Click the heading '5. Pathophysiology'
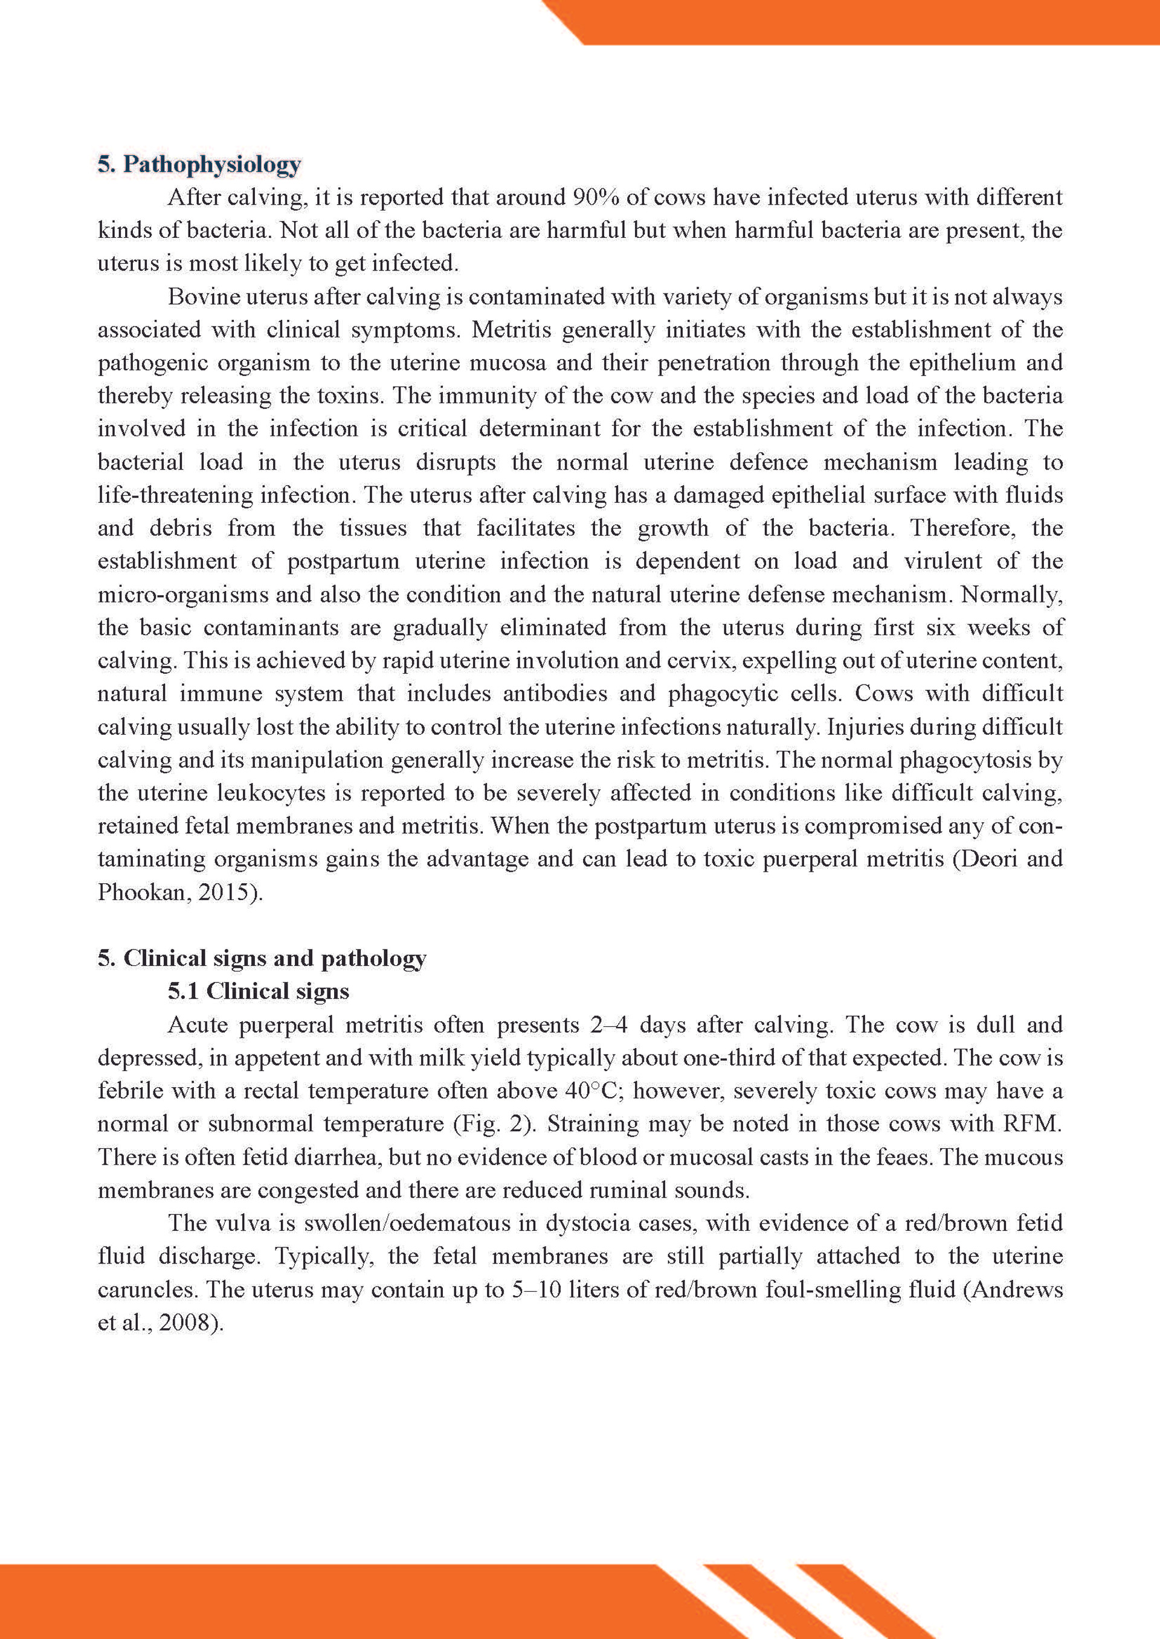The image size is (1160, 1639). click(x=199, y=164)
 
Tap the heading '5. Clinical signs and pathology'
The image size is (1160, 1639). click(x=262, y=958)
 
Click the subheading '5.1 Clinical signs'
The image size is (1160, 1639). click(x=259, y=991)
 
